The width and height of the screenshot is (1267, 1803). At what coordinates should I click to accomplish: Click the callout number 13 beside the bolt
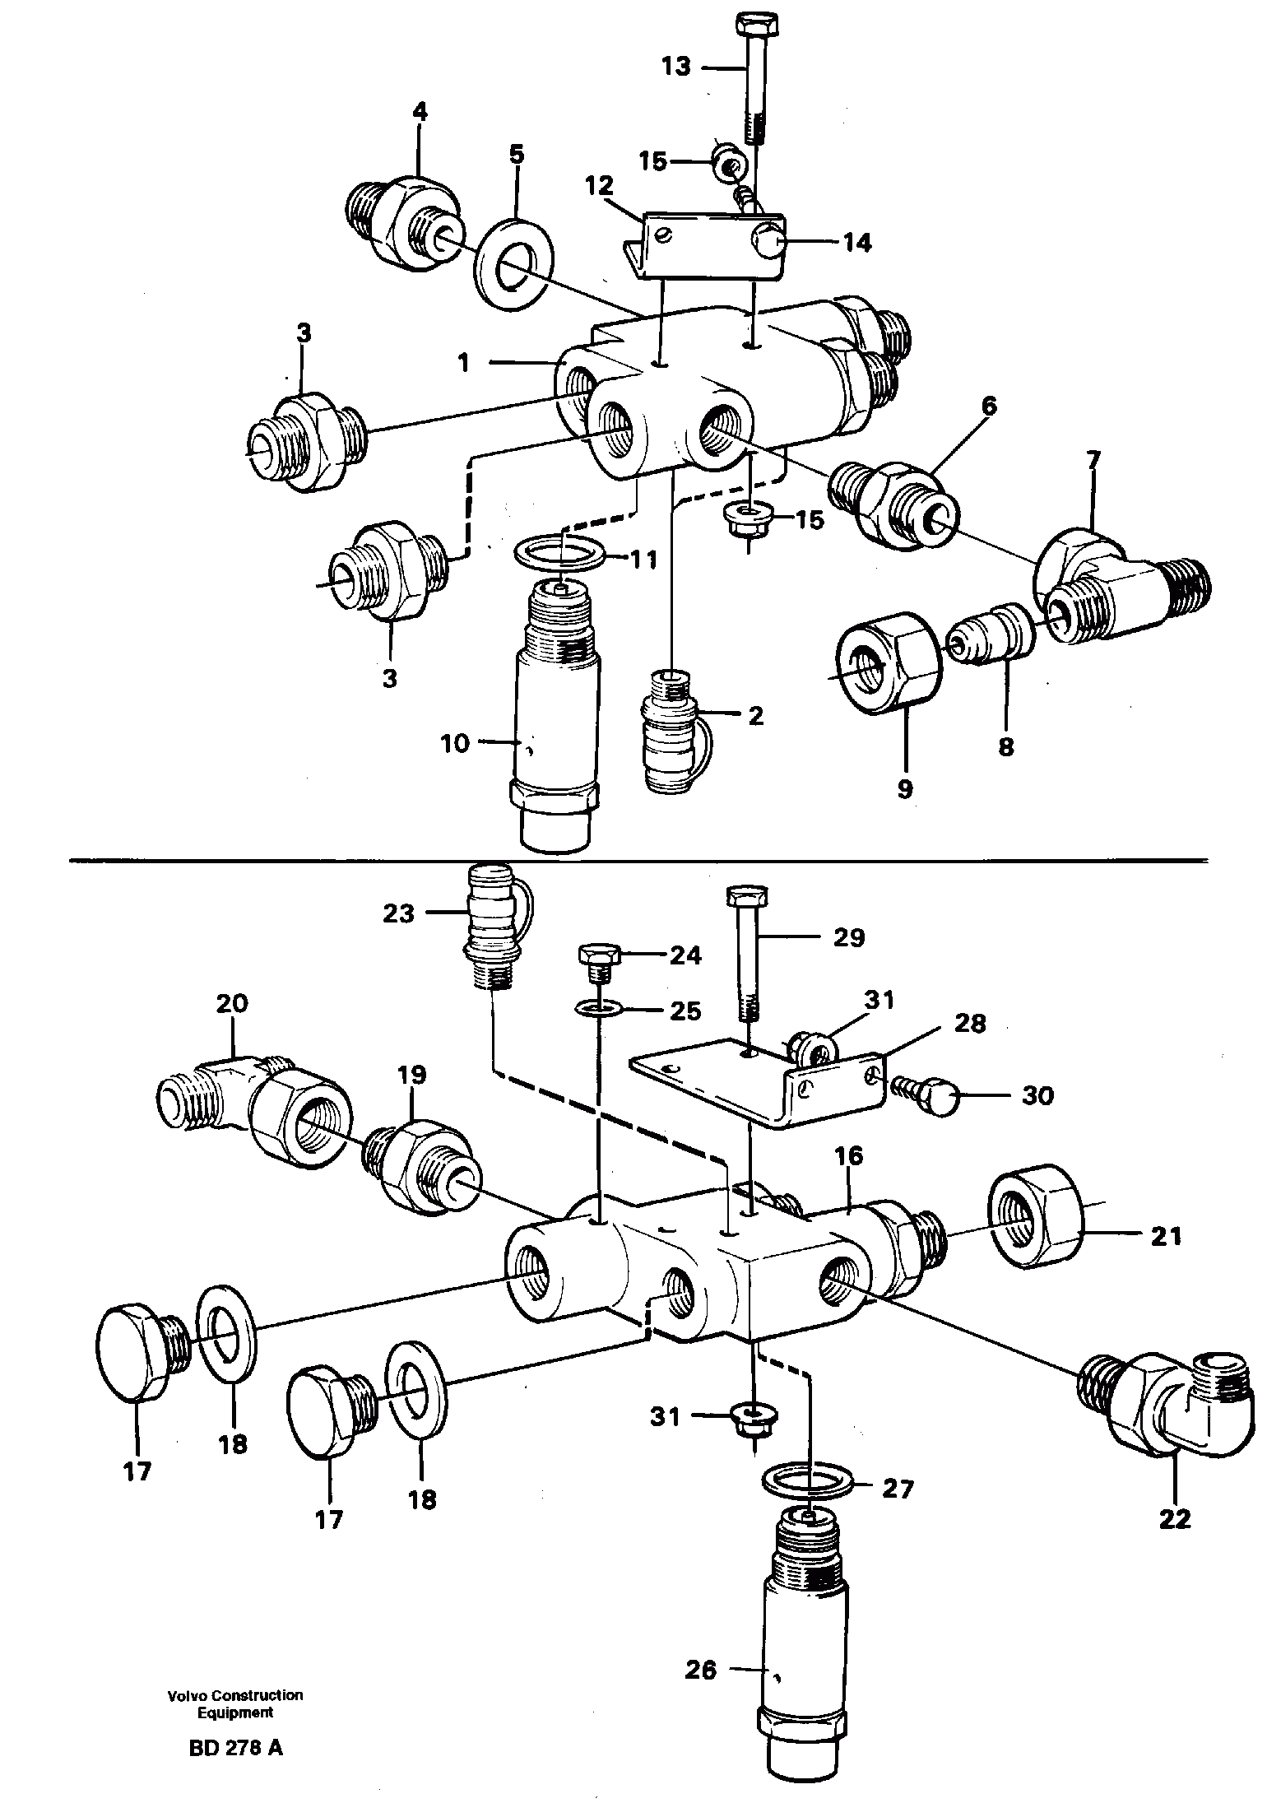[x=676, y=66]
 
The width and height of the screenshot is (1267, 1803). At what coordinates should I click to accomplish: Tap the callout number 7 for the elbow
[x=1093, y=460]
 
